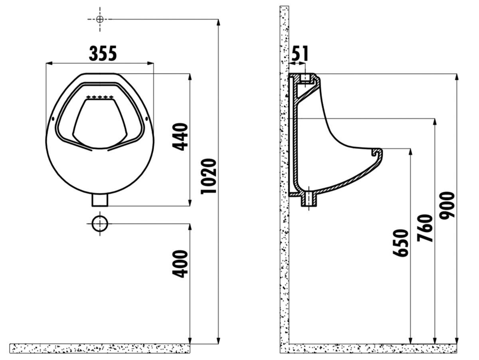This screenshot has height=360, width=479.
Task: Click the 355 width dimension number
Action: click(x=103, y=53)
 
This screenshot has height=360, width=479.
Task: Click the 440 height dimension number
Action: click(x=180, y=136)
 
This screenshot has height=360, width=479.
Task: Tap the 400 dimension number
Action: click(x=180, y=263)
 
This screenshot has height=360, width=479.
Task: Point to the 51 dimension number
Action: click(x=299, y=53)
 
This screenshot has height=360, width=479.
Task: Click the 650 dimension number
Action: click(x=401, y=243)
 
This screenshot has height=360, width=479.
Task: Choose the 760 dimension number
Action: click(x=425, y=228)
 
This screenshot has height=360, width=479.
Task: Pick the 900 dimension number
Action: click(x=447, y=205)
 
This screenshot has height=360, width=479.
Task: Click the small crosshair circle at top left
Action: click(x=100, y=19)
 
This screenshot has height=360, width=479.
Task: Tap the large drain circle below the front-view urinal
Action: click(x=100, y=224)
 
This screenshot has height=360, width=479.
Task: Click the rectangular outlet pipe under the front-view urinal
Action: click(x=100, y=200)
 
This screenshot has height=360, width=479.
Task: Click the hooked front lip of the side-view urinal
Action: click(x=376, y=152)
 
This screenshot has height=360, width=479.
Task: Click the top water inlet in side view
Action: click(x=305, y=78)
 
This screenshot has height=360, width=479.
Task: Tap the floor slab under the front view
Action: click(x=100, y=348)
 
